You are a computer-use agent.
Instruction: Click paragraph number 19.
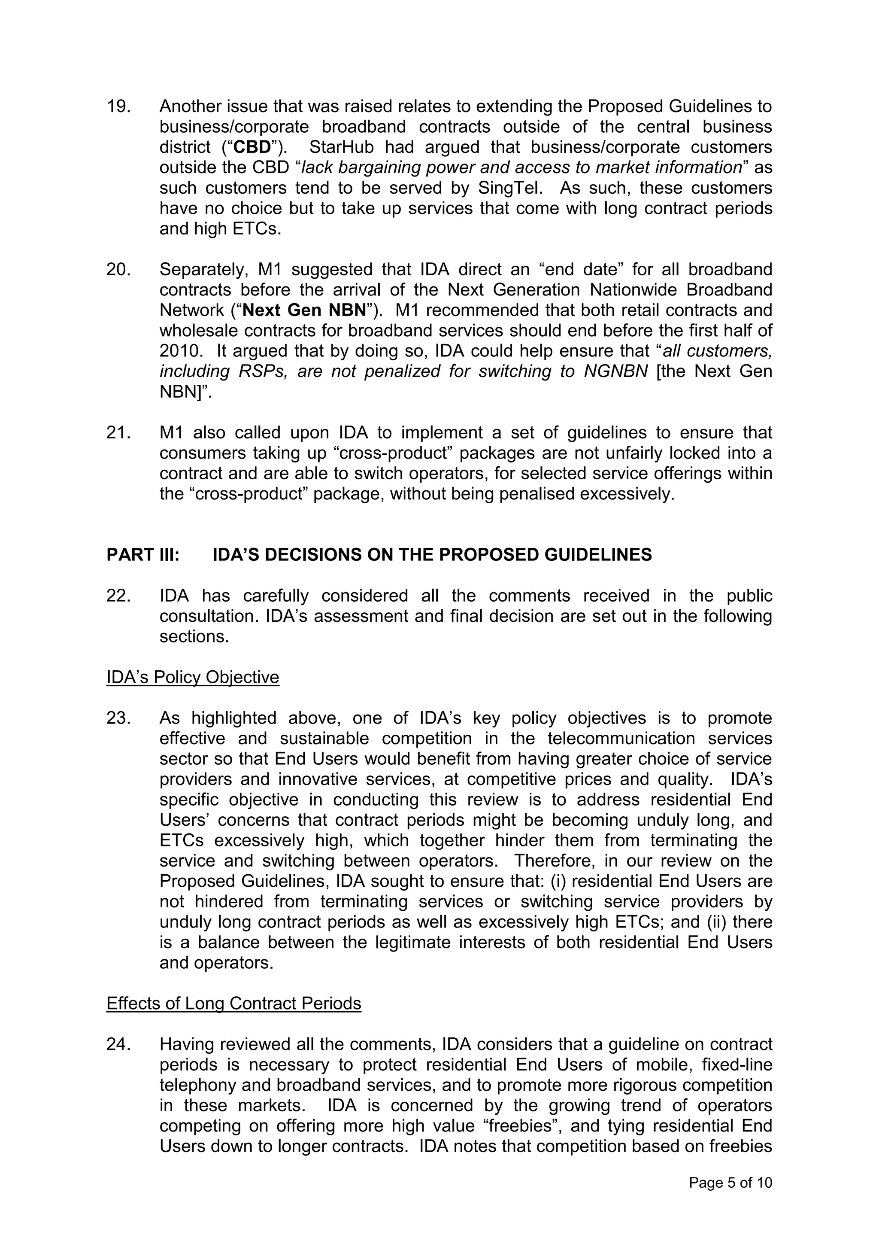[x=118, y=106]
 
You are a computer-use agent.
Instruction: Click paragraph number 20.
[x=118, y=269]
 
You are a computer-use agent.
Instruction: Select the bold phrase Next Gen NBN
[x=304, y=310]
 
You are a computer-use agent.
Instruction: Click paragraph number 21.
[x=118, y=433]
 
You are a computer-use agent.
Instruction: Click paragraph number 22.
[x=118, y=596]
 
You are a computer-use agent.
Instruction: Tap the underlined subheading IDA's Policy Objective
[x=193, y=677]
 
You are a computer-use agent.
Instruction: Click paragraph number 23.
[x=118, y=718]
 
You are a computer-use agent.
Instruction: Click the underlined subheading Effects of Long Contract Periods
[x=233, y=1004]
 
